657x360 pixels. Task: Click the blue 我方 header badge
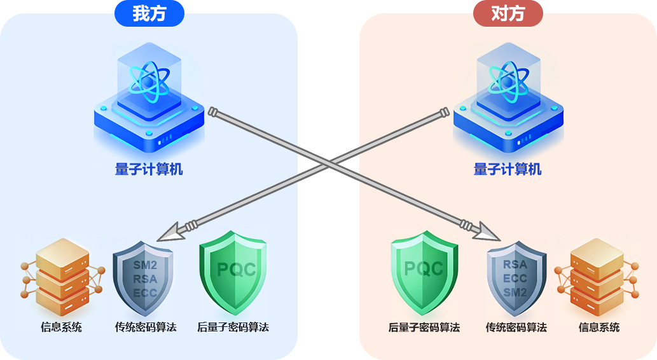tap(149, 13)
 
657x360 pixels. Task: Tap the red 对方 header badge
tap(508, 13)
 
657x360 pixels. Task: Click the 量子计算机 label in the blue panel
tap(149, 169)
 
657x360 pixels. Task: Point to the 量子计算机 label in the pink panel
tap(508, 169)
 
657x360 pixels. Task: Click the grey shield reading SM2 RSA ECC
tap(144, 278)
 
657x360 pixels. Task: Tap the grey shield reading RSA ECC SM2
tap(515, 278)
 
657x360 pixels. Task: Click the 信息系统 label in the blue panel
tap(61, 328)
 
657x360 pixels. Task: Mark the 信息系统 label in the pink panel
tap(598, 328)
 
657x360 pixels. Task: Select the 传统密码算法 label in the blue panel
tap(146, 328)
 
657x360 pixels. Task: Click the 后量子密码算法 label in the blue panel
tap(233, 328)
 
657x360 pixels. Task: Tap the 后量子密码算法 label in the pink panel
tap(424, 328)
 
